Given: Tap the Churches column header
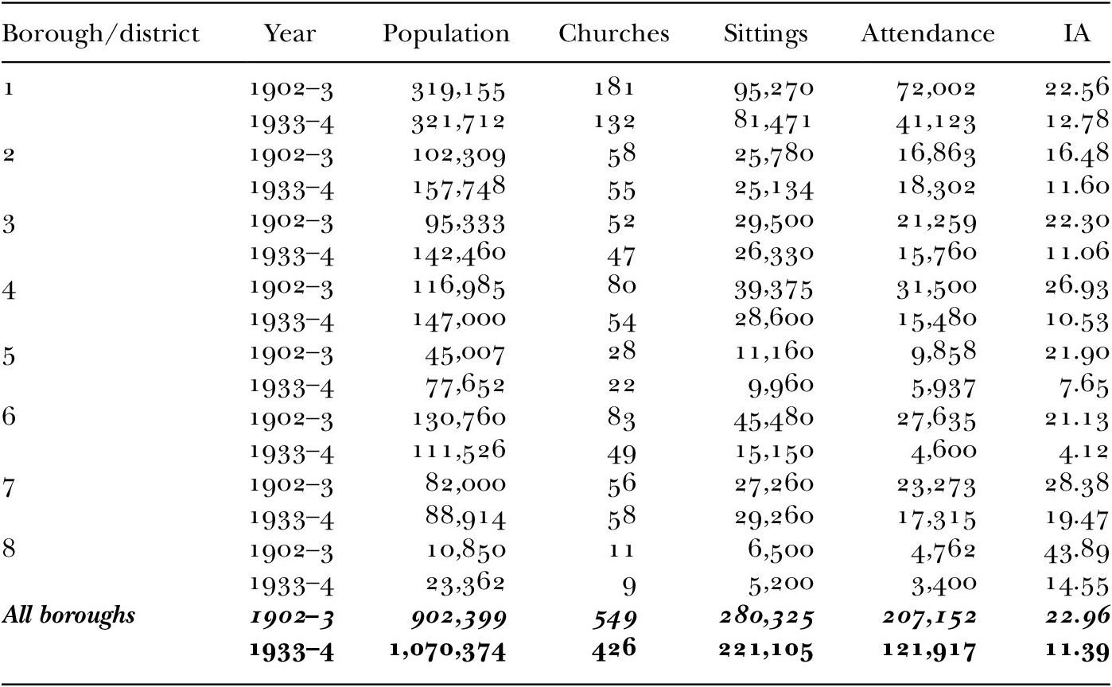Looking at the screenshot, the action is [613, 33].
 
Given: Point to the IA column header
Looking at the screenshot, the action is [1076, 33].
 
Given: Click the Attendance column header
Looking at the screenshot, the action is [927, 33].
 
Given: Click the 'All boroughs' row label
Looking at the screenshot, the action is [68, 616].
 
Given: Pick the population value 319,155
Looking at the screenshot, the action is [457, 91].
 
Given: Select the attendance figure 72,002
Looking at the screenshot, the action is [935, 89].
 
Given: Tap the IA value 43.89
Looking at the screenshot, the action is [1075, 550].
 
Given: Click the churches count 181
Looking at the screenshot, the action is [615, 88].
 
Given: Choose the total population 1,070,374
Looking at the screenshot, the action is [448, 650].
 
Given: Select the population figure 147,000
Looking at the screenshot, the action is [459, 320].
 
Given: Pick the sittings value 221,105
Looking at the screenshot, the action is [766, 650].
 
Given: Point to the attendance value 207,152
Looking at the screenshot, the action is [929, 617].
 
